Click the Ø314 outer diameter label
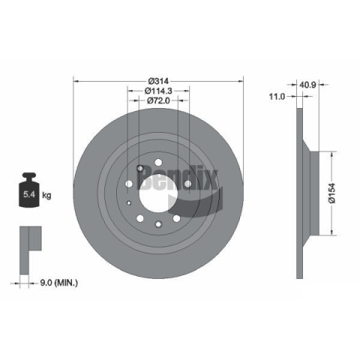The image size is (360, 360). tap(158, 81)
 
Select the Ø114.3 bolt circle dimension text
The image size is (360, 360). tap(158, 91)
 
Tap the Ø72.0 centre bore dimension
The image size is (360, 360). tap(158, 100)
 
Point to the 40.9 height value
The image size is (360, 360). tap(307, 85)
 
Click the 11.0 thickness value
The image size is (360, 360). tap(277, 96)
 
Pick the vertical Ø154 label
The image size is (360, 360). tap(332, 193)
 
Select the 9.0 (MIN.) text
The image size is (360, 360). tap(59, 283)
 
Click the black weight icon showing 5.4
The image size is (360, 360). tap(29, 190)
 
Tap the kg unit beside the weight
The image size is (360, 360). tap(46, 195)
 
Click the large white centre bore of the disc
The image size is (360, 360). tap(158, 193)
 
